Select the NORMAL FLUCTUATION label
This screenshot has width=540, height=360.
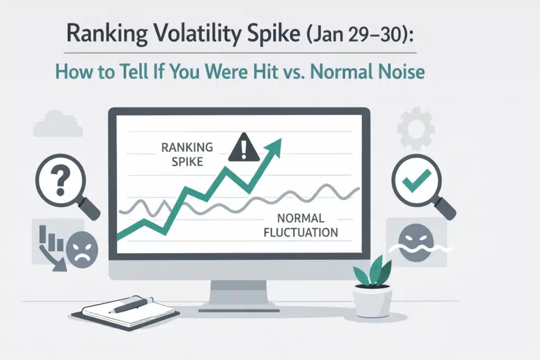coord(300,225)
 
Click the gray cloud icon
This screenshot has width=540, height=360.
coord(57,124)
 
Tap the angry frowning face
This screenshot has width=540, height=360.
coord(83,247)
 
